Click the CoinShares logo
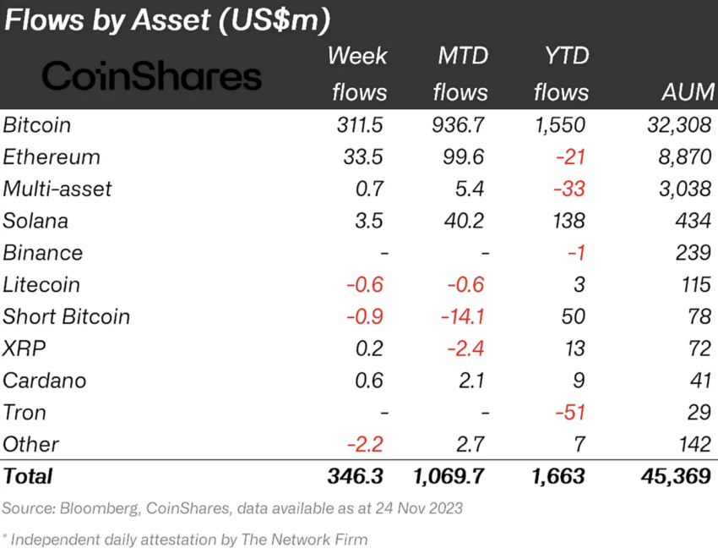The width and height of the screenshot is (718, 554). point(151,76)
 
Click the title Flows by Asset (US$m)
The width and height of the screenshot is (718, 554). point(167,20)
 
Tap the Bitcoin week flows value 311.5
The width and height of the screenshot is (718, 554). point(359,125)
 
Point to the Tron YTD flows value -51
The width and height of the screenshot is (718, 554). point(568,413)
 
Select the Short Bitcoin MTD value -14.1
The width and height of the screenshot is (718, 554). point(462,317)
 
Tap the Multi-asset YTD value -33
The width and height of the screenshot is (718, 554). point(568,189)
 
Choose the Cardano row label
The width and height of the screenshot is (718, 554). point(45,381)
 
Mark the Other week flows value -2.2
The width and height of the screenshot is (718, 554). point(365,444)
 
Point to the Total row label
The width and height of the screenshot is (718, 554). point(28,476)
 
